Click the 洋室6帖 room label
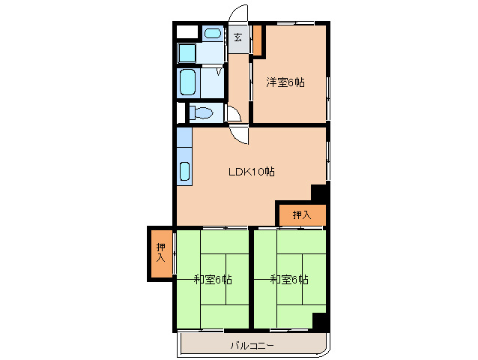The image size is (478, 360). [285, 82]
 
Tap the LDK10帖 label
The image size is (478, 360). [252, 172]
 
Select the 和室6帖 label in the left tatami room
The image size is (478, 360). [212, 280]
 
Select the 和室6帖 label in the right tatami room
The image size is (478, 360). [289, 280]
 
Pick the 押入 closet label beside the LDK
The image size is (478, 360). [301, 215]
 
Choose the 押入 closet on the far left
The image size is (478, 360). [160, 253]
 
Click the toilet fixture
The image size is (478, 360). [201, 113]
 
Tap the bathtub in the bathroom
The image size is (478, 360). [187, 82]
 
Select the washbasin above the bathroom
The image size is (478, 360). [213, 33]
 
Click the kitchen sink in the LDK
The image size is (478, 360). [184, 170]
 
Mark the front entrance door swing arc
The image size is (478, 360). [239, 15]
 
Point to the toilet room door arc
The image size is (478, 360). [234, 115]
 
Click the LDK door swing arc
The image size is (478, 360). [240, 135]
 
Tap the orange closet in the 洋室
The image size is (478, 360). [257, 40]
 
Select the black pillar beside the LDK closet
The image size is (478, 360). [319, 191]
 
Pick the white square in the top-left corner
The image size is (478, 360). [187, 33]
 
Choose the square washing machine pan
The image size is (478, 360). [187, 54]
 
